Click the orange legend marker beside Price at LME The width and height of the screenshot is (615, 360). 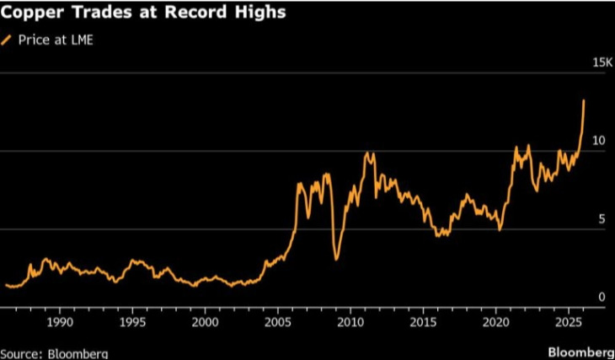pos(8,40)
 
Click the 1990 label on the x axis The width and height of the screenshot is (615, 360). pos(60,322)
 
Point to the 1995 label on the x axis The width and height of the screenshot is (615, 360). pos(132,322)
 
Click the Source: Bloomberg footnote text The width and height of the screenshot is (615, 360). pos(54,352)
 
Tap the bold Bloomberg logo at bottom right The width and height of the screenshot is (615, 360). pos(581,351)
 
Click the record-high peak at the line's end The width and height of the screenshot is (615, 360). pos(584,101)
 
